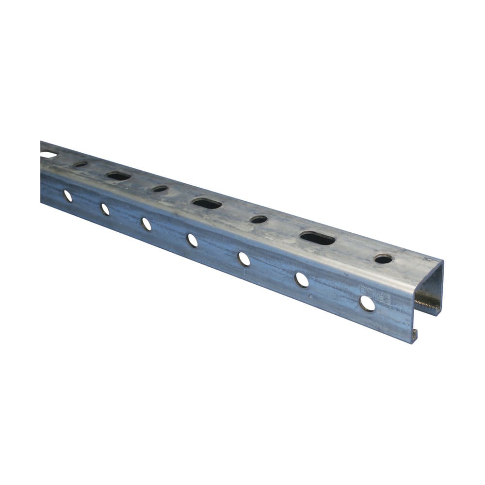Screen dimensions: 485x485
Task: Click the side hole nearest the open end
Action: tap(367, 303)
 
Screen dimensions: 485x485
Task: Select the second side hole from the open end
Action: tap(302, 279)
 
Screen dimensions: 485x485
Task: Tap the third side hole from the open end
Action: tap(244, 259)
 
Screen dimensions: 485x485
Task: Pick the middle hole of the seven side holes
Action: tap(193, 240)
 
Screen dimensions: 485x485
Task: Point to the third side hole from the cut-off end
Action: tap(146, 224)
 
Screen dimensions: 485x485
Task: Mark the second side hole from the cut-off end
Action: tap(105, 209)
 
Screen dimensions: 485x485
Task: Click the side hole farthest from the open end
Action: tap(67, 196)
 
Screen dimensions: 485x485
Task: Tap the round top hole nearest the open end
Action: tap(384, 259)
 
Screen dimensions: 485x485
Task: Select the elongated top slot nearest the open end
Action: tap(318, 238)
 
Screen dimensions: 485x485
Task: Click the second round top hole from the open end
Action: tap(259, 220)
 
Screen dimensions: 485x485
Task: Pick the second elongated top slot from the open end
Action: tap(207, 203)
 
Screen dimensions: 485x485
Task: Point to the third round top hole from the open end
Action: tap(160, 189)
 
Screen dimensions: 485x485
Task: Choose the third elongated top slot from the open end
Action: tap(118, 176)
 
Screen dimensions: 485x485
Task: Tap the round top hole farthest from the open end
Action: tap(81, 164)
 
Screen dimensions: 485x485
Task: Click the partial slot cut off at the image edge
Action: tap(48, 155)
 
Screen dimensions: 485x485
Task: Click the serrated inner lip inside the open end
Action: tap(427, 305)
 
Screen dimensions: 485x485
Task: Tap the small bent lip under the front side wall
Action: tap(414, 334)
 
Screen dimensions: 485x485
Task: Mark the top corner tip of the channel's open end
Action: tap(442, 262)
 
